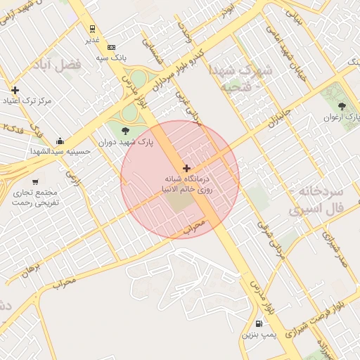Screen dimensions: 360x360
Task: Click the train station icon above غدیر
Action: coord(92,29)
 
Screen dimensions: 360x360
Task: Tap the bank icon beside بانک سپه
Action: coord(111,46)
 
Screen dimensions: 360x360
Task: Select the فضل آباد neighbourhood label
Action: coord(56,65)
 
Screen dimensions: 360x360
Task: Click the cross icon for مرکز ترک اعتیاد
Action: coord(15,90)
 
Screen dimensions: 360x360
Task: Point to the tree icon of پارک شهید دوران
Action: coord(126,130)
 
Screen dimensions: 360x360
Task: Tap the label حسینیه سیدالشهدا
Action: coord(60,150)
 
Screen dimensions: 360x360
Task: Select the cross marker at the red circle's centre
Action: coord(186,168)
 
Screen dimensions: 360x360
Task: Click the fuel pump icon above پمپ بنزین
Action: coord(260,324)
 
